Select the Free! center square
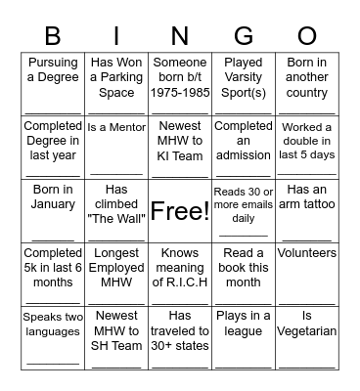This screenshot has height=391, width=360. click(180, 210)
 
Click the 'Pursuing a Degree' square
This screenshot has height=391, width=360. click(53, 84)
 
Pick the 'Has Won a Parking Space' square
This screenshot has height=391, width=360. click(116, 84)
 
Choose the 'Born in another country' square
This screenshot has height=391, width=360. click(307, 84)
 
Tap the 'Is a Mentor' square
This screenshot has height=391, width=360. click(116, 147)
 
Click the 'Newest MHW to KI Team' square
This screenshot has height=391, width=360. click(180, 147)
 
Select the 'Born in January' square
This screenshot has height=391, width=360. click(53, 210)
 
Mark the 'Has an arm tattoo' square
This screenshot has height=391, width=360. click(307, 210)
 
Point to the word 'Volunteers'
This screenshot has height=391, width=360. click(307, 253)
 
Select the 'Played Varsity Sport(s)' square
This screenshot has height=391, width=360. click(244, 84)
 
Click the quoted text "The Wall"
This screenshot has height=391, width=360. click(116, 218)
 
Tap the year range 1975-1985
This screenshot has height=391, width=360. click(180, 94)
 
